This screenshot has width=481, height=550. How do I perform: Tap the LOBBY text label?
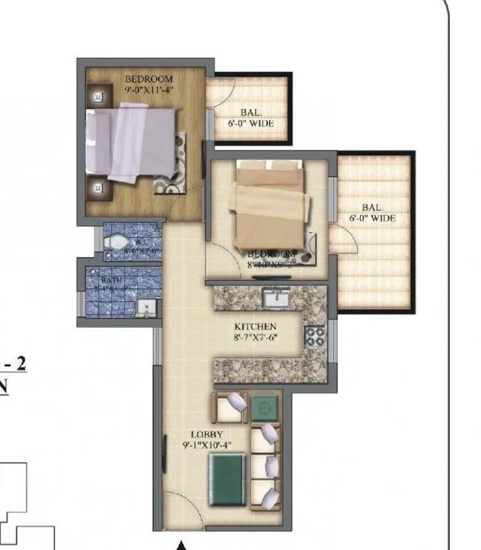(207, 434)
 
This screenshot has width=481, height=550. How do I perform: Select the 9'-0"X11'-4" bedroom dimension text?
(148, 90)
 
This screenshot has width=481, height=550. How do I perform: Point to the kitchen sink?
(275, 298)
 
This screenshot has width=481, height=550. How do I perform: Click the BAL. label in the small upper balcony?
(249, 113)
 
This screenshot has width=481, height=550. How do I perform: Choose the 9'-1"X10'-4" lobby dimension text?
(207, 445)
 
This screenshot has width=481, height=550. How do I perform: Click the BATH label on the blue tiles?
(111, 280)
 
